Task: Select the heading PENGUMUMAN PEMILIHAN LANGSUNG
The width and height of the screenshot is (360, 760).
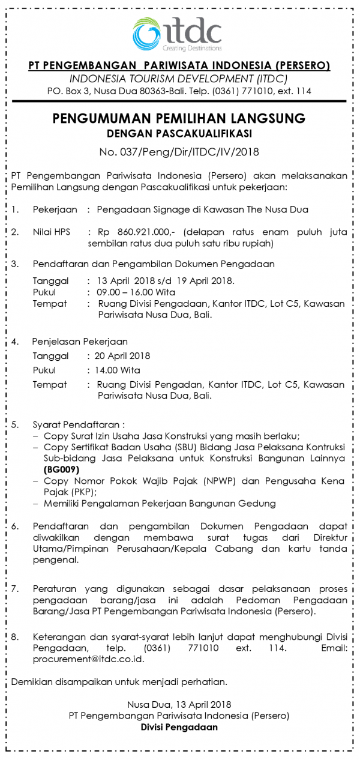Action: [x=179, y=118]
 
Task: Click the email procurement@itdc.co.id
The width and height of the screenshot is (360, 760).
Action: [x=78, y=659]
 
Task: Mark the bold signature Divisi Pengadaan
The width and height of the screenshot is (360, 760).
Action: [x=179, y=726]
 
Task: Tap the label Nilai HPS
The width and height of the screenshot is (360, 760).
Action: [x=52, y=231]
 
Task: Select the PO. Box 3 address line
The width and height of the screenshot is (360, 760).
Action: [x=179, y=91]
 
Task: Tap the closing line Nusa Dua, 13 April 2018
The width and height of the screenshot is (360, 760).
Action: [x=179, y=704]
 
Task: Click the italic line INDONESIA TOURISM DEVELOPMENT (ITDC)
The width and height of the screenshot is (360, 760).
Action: [x=179, y=79]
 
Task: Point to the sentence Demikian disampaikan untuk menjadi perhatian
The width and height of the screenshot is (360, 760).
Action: [x=119, y=681]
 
